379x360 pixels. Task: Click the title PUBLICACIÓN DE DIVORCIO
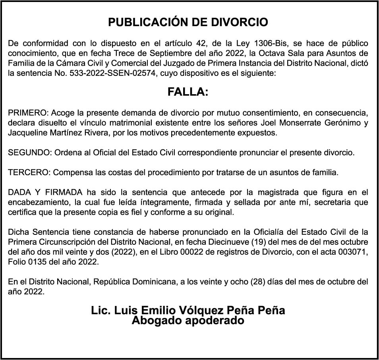(188, 22)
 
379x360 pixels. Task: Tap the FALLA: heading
(188, 92)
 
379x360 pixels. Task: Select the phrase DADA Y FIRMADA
(45, 193)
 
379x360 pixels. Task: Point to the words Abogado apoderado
(188, 320)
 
